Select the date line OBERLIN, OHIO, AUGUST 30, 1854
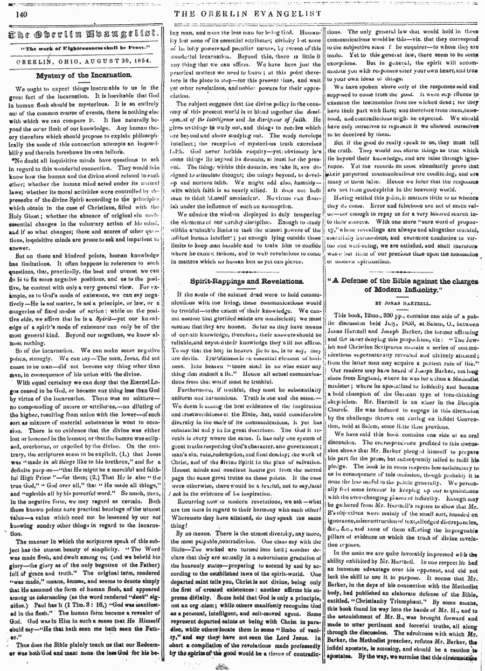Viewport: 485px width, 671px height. [82, 61]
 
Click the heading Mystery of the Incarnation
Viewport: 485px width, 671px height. [82, 75]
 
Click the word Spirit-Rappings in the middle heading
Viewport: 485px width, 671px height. [218, 281]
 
